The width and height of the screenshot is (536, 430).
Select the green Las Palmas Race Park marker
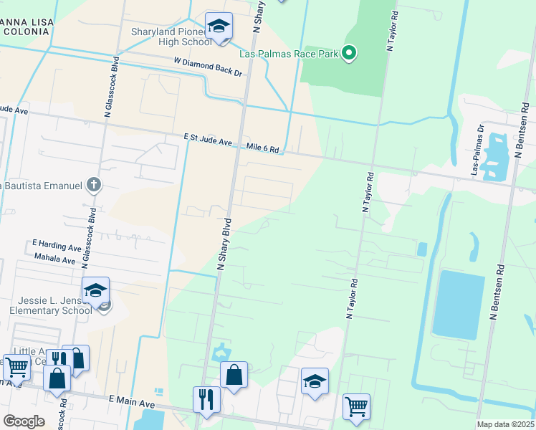(349, 52)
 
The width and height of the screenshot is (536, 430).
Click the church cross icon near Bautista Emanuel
(92, 185)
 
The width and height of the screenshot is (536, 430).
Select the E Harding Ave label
(57, 247)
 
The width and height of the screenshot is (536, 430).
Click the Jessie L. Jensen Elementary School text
(51, 305)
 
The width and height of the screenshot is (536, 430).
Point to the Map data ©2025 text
(506, 424)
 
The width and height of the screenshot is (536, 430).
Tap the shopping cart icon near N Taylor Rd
(356, 407)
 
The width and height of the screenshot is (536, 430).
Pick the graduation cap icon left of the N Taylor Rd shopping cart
(314, 381)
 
